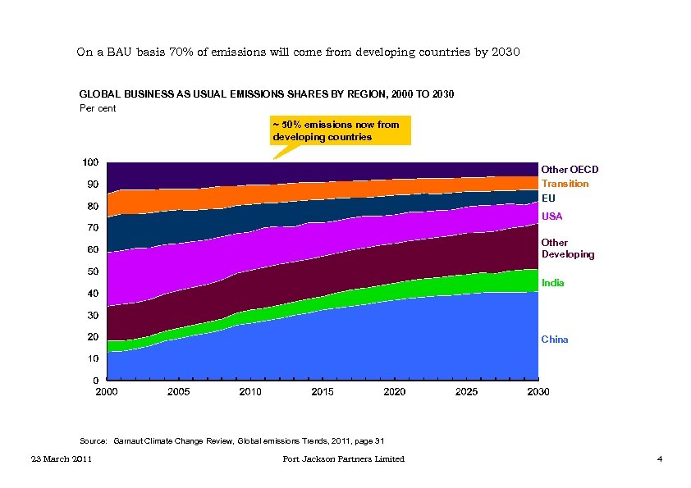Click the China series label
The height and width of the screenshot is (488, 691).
click(554, 340)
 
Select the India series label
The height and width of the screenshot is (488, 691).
click(552, 283)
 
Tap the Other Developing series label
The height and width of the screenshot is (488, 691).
click(567, 249)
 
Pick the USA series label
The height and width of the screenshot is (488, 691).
click(552, 217)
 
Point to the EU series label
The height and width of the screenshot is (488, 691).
click(548, 198)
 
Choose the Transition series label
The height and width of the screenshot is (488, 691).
click(565, 184)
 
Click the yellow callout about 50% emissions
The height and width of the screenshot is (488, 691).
click(341, 130)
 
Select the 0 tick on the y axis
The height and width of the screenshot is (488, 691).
click(96, 381)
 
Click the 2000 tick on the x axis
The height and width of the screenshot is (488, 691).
click(107, 392)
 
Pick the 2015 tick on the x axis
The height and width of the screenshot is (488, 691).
click(323, 392)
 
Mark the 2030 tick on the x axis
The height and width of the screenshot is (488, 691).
click(538, 392)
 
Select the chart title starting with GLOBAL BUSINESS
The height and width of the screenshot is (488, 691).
click(266, 95)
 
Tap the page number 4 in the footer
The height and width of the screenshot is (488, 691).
click(660, 459)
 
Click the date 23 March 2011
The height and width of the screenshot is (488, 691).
click(57, 459)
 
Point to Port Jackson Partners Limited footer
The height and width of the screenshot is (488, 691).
click(343, 459)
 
